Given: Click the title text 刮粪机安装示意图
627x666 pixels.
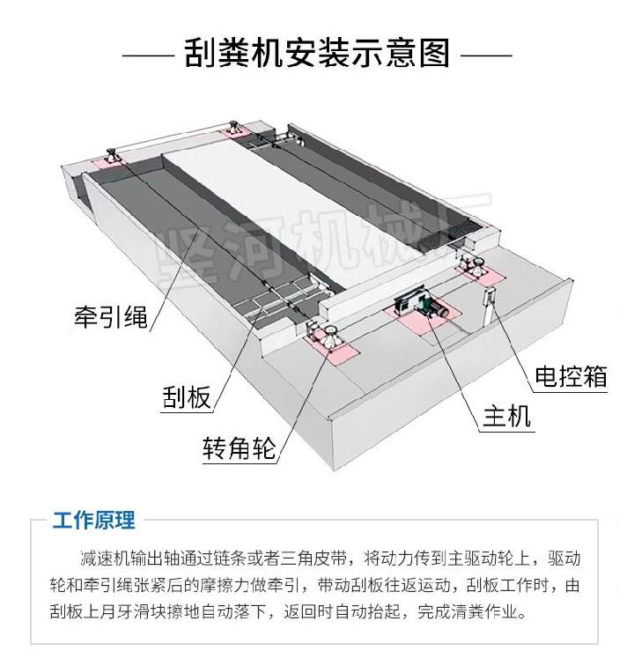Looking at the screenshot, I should [x=317, y=54].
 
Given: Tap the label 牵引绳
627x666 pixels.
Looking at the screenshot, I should [x=110, y=315].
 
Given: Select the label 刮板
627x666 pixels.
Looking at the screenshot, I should [x=187, y=397].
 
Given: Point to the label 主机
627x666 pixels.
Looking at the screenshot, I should [x=506, y=414].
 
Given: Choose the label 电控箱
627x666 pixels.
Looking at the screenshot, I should [x=571, y=375].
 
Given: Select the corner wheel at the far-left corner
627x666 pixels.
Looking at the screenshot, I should [x=112, y=155].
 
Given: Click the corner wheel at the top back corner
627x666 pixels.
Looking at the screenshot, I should [x=235, y=124].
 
